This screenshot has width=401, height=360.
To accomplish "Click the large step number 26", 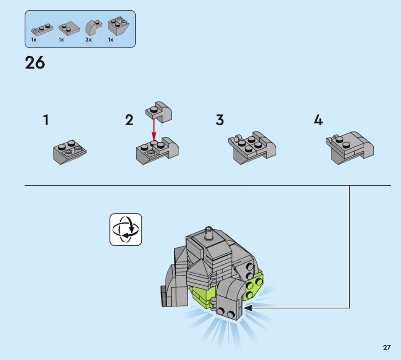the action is pyautogui.click(x=35, y=63).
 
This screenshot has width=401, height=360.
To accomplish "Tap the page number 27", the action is pyautogui.click(x=386, y=347).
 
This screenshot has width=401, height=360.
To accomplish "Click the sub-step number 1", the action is pyautogui.click(x=46, y=120).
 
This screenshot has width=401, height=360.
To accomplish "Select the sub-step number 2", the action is pyautogui.click(x=129, y=120).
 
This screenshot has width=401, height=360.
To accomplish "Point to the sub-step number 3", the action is pyautogui.click(x=220, y=120).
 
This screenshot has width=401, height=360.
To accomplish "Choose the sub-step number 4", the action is pyautogui.click(x=319, y=120).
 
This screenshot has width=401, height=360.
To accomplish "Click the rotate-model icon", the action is pyautogui.click(x=126, y=230).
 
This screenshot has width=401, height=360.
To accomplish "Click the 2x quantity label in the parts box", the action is pyautogui.click(x=89, y=40).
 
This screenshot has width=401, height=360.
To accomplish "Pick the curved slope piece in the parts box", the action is pyautogui.click(x=94, y=28).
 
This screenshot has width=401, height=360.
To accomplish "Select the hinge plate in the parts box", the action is pyautogui.click(x=42, y=29).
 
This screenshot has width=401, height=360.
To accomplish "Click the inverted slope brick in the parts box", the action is pyautogui.click(x=118, y=26).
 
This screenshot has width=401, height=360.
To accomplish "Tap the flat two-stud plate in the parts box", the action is pyautogui.click(x=69, y=28).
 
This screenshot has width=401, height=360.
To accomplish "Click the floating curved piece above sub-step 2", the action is pyautogui.click(x=159, y=112).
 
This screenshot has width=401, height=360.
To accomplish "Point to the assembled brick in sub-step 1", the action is pyautogui.click(x=70, y=152).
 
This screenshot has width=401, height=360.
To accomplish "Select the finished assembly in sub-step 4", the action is pyautogui.click(x=350, y=148).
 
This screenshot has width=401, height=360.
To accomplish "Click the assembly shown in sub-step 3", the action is pyautogui.click(x=252, y=148).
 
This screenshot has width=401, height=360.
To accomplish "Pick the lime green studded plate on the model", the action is pyautogui.click(x=254, y=286).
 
